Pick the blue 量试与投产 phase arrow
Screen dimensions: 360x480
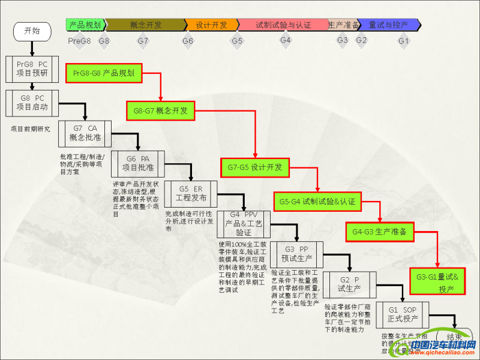point(389,25)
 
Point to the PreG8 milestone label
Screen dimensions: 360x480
point(79,41)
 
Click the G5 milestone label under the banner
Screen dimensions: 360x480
point(237,41)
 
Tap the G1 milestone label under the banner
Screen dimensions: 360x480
point(404,41)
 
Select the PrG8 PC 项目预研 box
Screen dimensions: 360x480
point(32,69)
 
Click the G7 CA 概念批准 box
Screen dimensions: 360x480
point(85,133)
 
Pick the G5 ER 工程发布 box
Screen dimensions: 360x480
point(190,193)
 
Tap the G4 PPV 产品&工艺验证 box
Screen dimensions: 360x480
point(243,224)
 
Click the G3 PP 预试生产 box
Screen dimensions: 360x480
point(296,254)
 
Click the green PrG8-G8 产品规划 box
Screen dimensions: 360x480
point(104,73)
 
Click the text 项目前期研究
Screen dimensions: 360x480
point(31,128)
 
